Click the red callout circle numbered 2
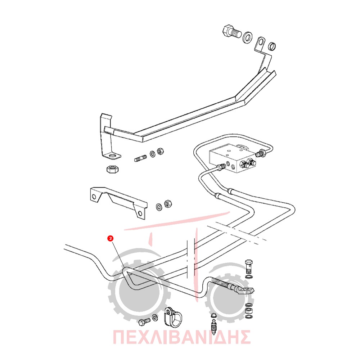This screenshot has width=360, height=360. point(111,238)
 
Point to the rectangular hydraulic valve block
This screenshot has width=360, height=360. point(232,158)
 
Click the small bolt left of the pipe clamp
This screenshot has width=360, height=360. point(144,322)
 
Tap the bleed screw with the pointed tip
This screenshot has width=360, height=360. point(214,326)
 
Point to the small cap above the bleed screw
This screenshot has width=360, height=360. point(214,315)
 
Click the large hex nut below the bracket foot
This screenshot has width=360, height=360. point(112,169)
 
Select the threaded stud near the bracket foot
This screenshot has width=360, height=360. point(140,158)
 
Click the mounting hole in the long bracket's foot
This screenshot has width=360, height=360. point(113,157)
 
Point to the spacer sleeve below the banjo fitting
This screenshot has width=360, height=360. point(248,311)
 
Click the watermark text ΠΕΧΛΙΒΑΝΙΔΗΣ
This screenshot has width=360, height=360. point(181,337)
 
